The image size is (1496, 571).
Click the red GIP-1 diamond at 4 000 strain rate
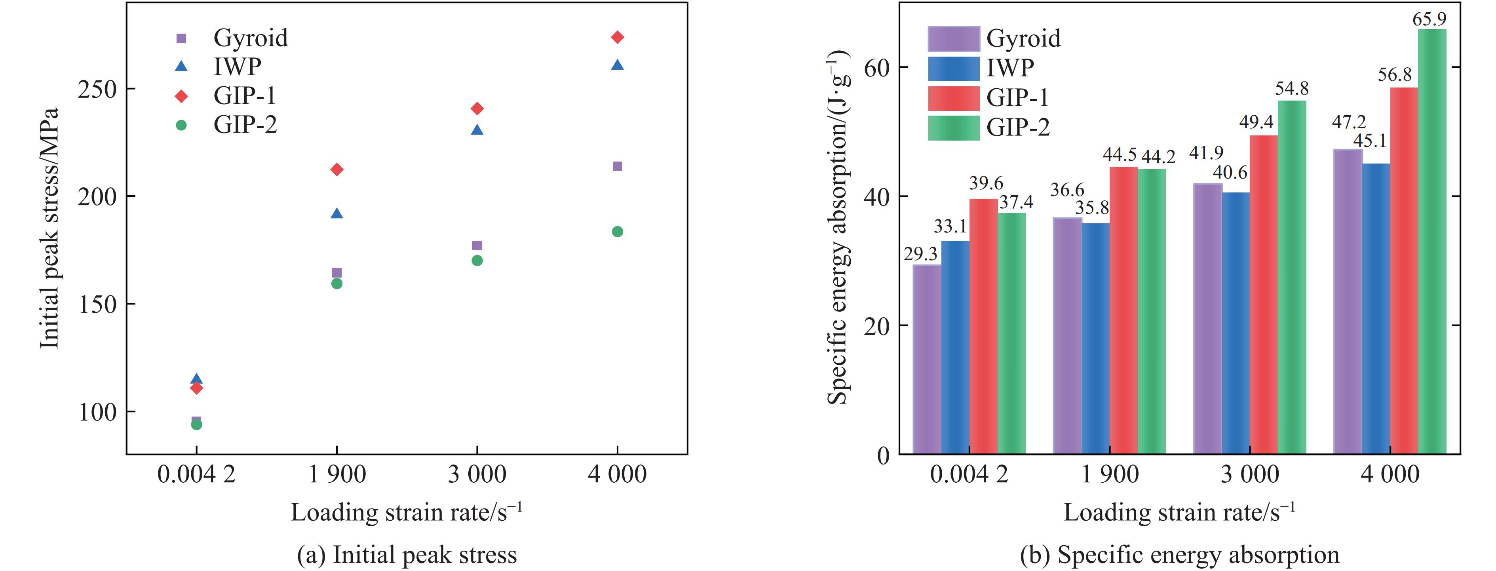coord(617,37)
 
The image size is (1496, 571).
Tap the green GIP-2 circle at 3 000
coord(477,260)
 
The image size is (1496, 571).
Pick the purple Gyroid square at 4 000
coord(617,167)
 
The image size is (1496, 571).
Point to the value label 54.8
coord(1292,88)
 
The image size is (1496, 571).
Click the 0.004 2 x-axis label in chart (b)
coord(969,474)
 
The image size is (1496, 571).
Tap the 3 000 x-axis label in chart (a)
coord(477,474)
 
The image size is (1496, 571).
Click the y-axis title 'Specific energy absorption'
coord(838,226)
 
